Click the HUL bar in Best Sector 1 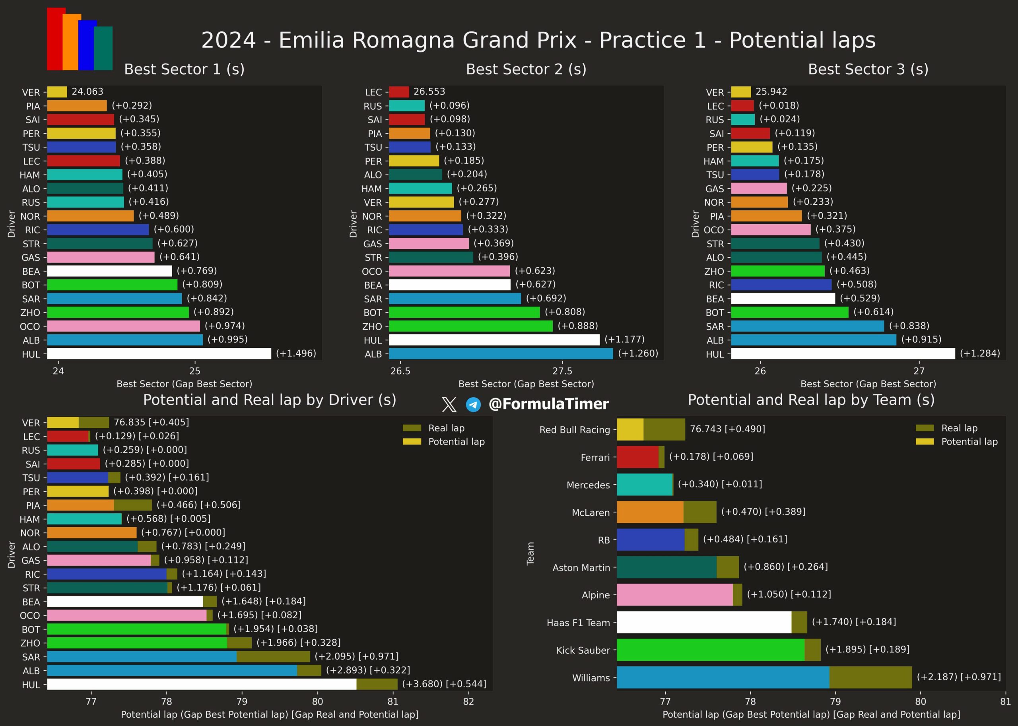point(159,353)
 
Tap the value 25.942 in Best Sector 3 point(771,91)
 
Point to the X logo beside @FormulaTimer point(449,405)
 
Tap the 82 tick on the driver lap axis point(468,701)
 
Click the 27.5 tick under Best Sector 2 point(562,371)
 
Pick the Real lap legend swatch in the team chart point(925,428)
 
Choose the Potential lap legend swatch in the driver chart point(412,442)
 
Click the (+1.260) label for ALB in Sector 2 point(638,353)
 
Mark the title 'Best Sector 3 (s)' point(868,69)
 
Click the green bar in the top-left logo point(104,48)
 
